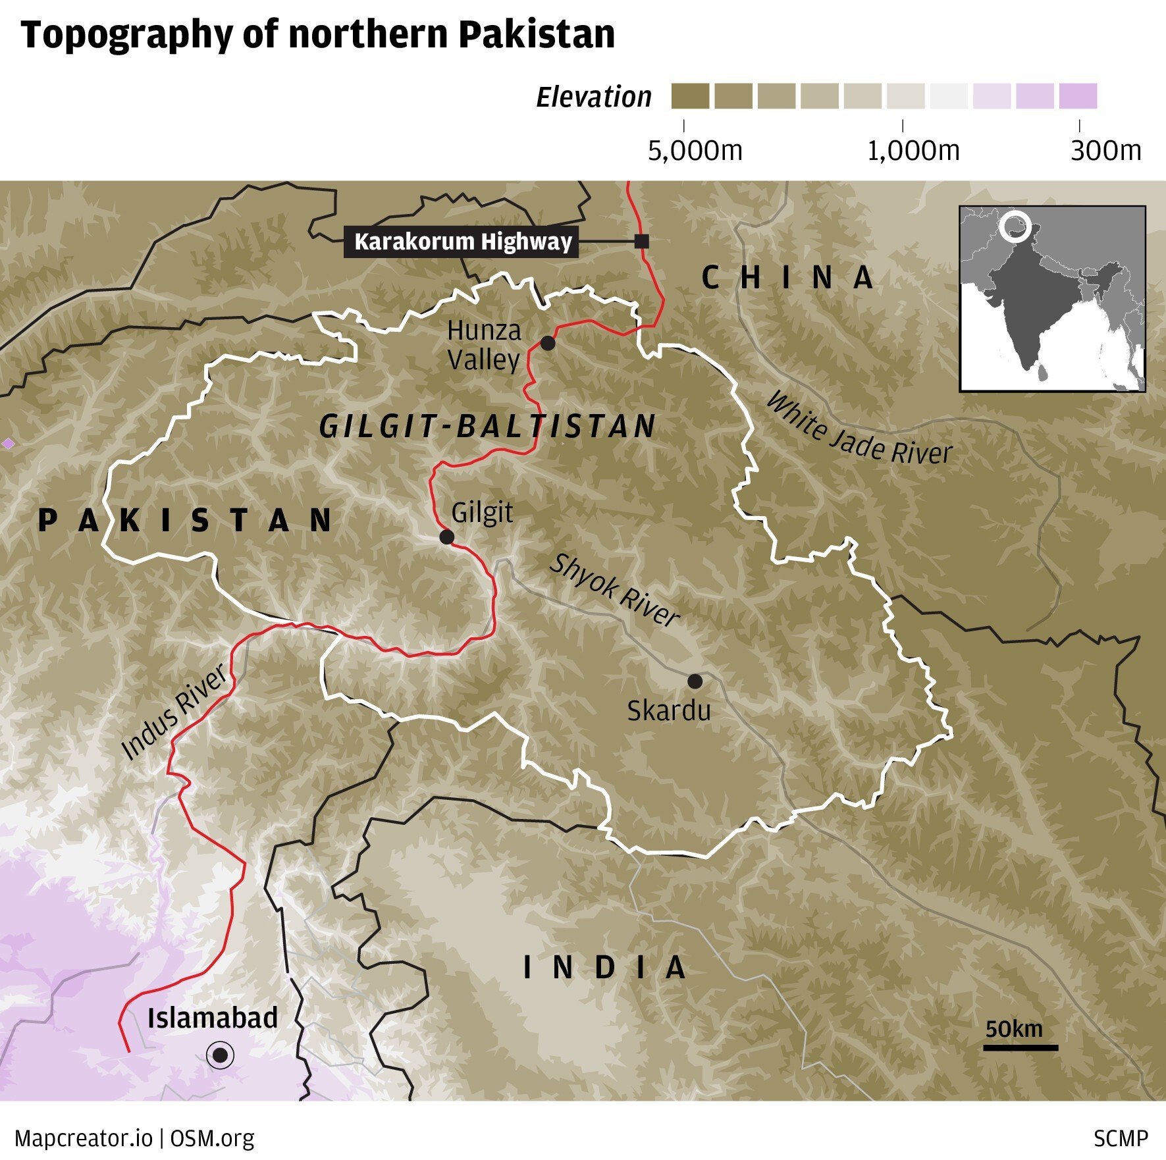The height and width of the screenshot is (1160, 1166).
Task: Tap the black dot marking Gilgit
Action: tap(446, 537)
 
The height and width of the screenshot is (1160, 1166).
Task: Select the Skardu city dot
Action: tap(695, 681)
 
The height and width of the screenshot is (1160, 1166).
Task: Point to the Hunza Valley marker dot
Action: tap(548, 343)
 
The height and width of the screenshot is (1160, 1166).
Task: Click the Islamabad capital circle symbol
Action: tap(220, 1056)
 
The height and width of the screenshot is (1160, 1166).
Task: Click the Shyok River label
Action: tap(614, 591)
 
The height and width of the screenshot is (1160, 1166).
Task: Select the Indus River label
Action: tap(174, 712)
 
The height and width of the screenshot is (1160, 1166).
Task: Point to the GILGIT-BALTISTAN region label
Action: tap(488, 427)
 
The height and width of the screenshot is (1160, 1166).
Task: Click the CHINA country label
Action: tap(787, 278)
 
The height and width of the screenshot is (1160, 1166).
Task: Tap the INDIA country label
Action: tap(604, 968)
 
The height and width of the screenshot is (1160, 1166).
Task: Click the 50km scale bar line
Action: tap(1021, 1047)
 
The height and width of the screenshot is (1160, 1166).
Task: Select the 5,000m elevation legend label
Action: tap(695, 151)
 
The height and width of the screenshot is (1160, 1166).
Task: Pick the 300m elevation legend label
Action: tap(1105, 151)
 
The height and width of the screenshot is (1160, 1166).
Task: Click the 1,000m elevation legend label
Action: tap(913, 151)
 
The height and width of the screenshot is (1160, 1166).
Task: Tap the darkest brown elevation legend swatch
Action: tap(690, 96)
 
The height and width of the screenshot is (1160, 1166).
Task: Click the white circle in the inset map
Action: tap(1014, 226)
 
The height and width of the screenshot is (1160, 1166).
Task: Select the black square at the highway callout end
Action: tap(641, 242)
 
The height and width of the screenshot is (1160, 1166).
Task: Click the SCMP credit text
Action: tap(1121, 1138)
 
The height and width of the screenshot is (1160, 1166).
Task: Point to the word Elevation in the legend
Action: tap(594, 97)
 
